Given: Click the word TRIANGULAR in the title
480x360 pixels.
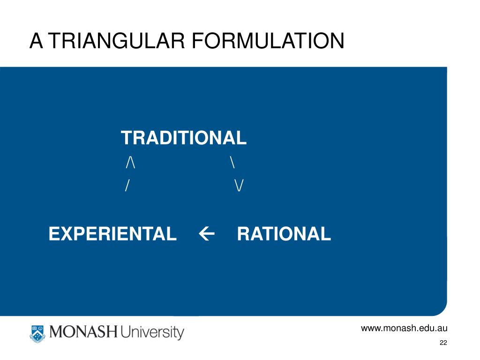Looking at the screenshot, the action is tap(117, 41).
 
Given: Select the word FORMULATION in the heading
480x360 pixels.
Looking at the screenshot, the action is tap(267, 41).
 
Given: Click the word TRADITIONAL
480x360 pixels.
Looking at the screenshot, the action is tap(184, 138).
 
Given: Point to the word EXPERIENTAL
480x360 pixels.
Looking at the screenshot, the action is tap(112, 233).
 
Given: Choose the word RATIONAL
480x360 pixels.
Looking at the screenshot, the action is tap(284, 233).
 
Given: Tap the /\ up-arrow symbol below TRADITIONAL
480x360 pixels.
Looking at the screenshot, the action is tap(130, 163).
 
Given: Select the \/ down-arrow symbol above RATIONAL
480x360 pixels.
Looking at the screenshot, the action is tap(239, 186).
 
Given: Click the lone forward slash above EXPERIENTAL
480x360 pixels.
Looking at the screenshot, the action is tap(127, 186).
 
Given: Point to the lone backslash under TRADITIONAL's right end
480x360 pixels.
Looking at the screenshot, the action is tap(232, 163).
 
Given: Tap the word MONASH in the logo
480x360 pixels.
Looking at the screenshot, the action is tap(83, 333).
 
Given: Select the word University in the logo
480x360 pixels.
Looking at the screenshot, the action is tap(152, 333).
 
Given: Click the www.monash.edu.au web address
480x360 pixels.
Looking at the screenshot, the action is tap(404, 328).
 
